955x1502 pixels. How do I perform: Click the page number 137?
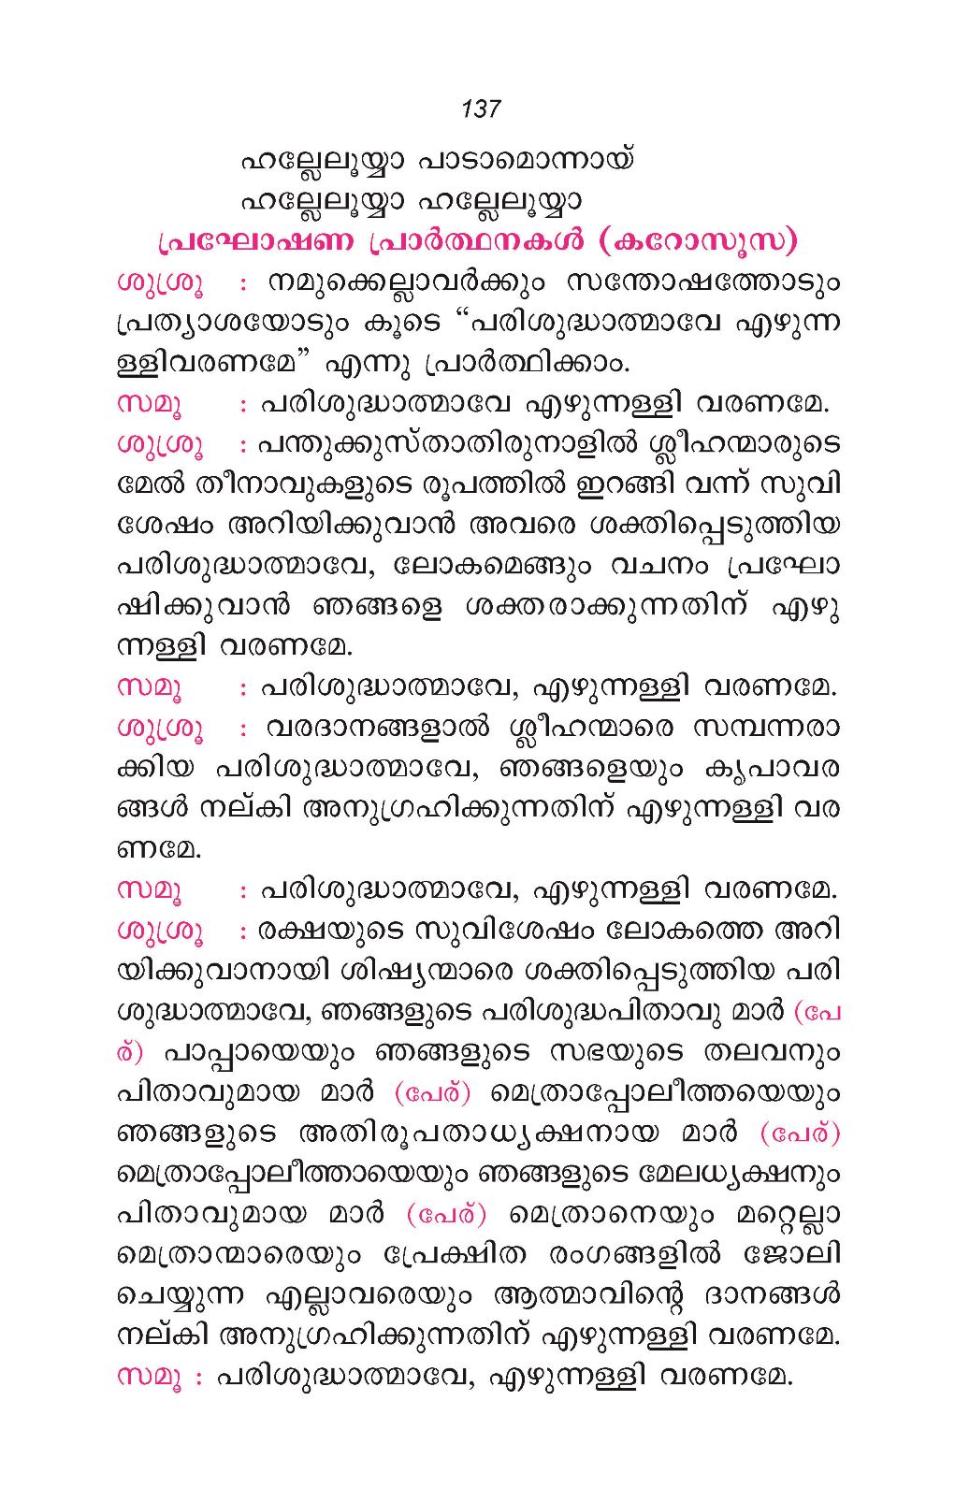[481, 108]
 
